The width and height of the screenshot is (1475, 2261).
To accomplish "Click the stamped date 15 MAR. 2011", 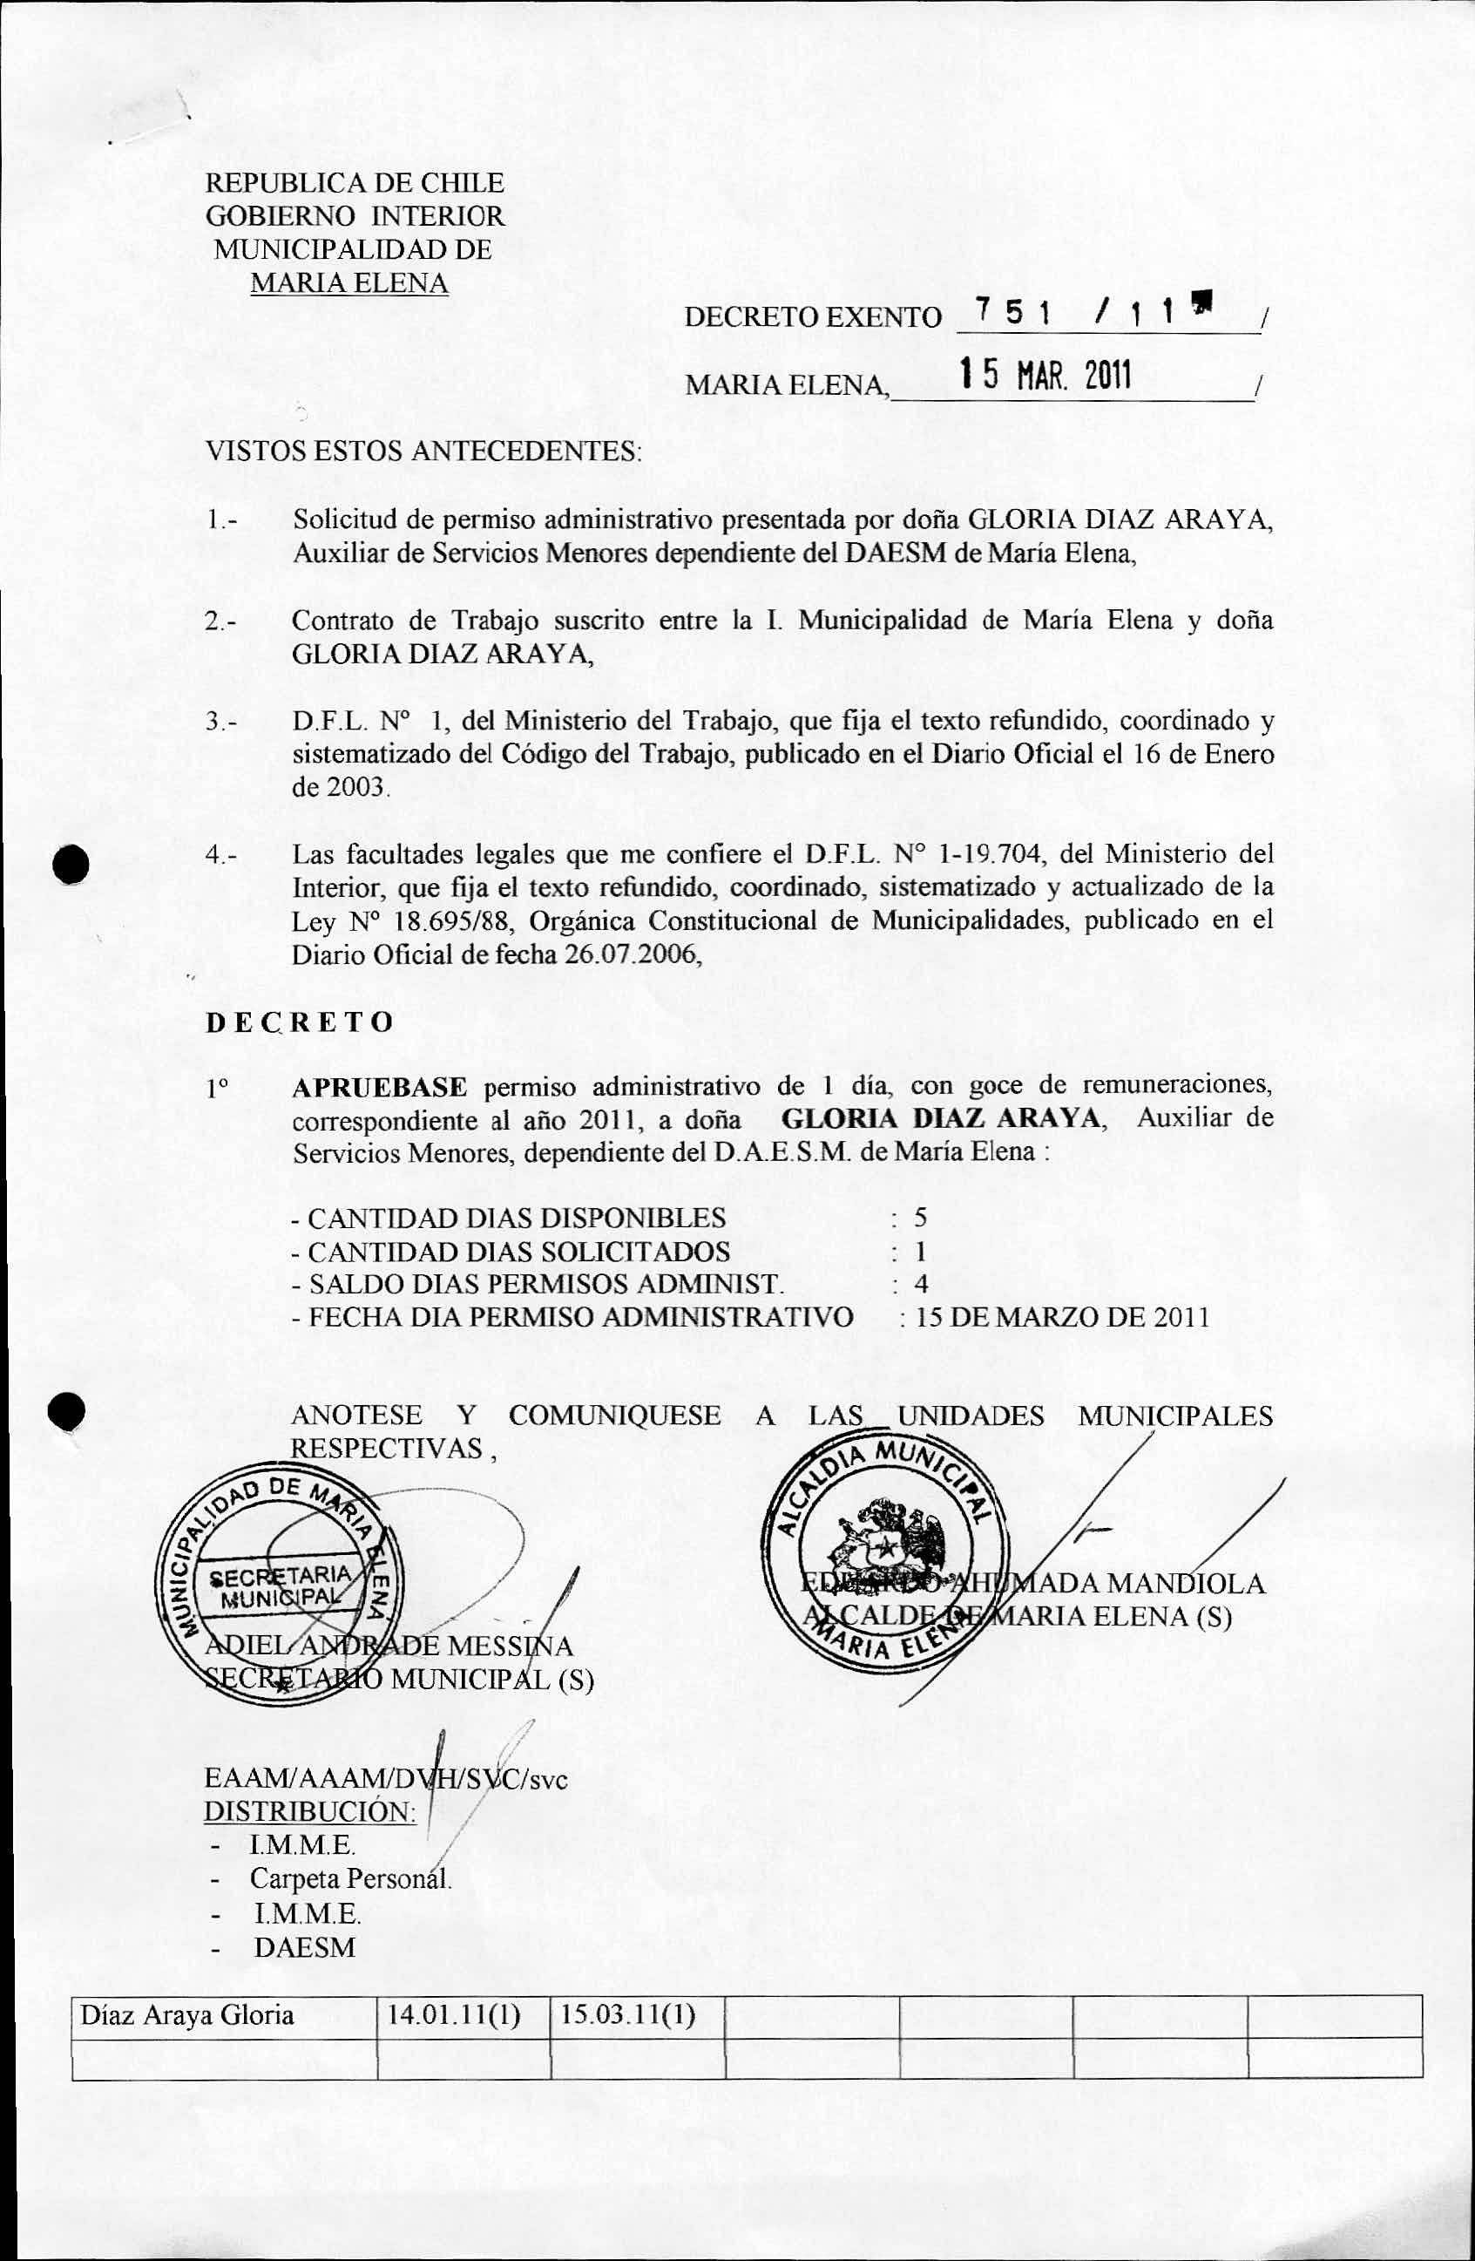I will (x=1045, y=377).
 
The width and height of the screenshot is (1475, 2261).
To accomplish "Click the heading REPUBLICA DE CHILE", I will (x=355, y=182).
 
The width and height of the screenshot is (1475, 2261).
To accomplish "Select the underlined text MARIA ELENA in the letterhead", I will (x=348, y=283).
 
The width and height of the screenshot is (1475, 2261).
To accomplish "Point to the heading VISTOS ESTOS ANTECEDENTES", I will (x=423, y=451).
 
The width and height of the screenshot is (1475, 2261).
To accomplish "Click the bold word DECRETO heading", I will (x=299, y=1022).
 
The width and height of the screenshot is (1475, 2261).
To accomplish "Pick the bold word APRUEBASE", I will (x=379, y=1087).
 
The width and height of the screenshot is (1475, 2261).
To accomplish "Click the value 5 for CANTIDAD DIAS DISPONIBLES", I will (x=919, y=1218).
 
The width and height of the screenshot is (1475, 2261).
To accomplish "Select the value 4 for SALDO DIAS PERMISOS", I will (x=920, y=1285).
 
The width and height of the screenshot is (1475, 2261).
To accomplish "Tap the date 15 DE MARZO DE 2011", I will (x=1063, y=1318).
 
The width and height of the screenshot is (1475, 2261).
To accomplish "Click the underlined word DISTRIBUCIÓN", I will (x=309, y=1810).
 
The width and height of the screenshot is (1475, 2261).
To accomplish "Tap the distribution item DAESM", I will (x=304, y=1947).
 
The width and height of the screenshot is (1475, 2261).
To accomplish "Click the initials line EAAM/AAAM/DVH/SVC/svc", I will (x=386, y=1778).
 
